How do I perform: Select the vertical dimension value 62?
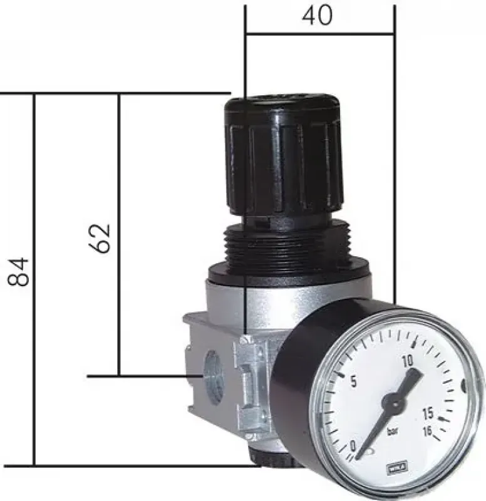[101, 237]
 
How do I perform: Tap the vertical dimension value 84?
[19, 271]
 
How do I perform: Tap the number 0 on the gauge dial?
[354, 445]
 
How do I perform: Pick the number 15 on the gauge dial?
[428, 414]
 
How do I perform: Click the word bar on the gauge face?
[393, 431]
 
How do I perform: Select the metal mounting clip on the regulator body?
[251, 382]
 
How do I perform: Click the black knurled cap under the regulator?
[276, 462]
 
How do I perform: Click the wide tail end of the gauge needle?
[410, 377]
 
